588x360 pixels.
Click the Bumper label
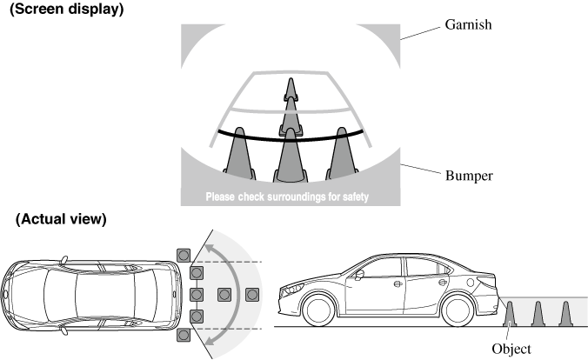(x=470, y=176)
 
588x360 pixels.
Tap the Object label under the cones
(x=511, y=349)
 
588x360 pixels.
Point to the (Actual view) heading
(x=61, y=219)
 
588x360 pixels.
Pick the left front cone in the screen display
(x=237, y=157)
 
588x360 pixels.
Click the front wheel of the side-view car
(x=319, y=310)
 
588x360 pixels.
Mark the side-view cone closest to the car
(x=511, y=313)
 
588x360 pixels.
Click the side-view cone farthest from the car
(x=565, y=313)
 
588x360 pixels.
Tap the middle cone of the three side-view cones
(x=538, y=313)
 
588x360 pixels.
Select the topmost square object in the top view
(x=183, y=254)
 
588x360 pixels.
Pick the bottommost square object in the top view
(x=183, y=335)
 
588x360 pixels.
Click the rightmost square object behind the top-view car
(x=253, y=294)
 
